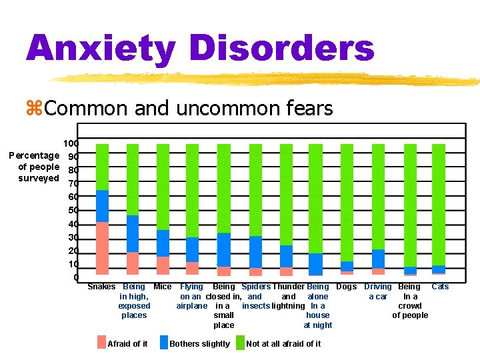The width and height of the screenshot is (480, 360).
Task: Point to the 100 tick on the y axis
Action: pos(71,143)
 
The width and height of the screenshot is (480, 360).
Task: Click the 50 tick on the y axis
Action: pos(73,211)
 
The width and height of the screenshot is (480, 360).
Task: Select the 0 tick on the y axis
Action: pos(76,277)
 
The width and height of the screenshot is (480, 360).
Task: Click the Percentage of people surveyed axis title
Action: pos(35,167)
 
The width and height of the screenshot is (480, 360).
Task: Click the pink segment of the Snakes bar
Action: pos(102,248)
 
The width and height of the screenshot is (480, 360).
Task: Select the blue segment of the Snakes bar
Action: pos(102,206)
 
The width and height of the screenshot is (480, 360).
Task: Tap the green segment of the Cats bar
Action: pos(438,204)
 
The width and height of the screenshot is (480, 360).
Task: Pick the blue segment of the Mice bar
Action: pos(163,243)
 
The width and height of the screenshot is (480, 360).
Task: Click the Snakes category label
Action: pos(101,287)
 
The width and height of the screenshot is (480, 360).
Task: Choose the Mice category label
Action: pos(163,287)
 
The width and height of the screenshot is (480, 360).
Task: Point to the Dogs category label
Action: pos(347,287)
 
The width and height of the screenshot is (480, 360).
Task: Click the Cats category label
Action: pos(440,287)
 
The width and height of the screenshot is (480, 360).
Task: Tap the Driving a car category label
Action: pos(378,291)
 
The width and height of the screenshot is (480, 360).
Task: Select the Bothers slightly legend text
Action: pos(200,344)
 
